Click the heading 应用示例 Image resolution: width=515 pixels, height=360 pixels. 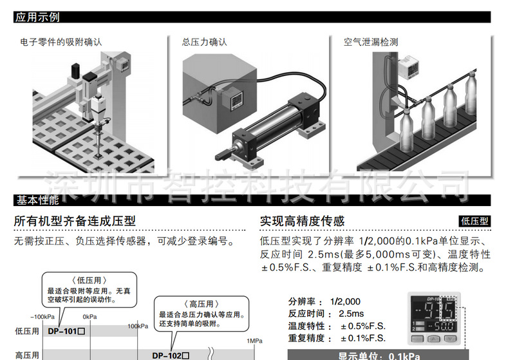point(38,18)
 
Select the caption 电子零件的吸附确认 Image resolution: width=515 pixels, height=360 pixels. point(61,43)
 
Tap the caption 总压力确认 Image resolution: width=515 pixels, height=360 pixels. point(205,43)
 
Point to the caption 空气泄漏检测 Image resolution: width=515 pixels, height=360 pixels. point(371,43)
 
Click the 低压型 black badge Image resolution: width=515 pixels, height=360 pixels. point(475,221)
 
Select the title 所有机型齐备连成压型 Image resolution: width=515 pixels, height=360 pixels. point(75,221)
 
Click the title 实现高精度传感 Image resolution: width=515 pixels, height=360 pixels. point(302,221)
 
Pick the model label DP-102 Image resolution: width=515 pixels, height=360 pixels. point(171,354)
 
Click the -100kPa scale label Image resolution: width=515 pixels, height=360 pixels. point(42,317)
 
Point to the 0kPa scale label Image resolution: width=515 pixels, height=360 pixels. point(89,317)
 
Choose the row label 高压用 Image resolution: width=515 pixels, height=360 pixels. point(27,354)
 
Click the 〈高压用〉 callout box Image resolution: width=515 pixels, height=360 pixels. point(201,313)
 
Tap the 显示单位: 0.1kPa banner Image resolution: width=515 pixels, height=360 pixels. point(380,355)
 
